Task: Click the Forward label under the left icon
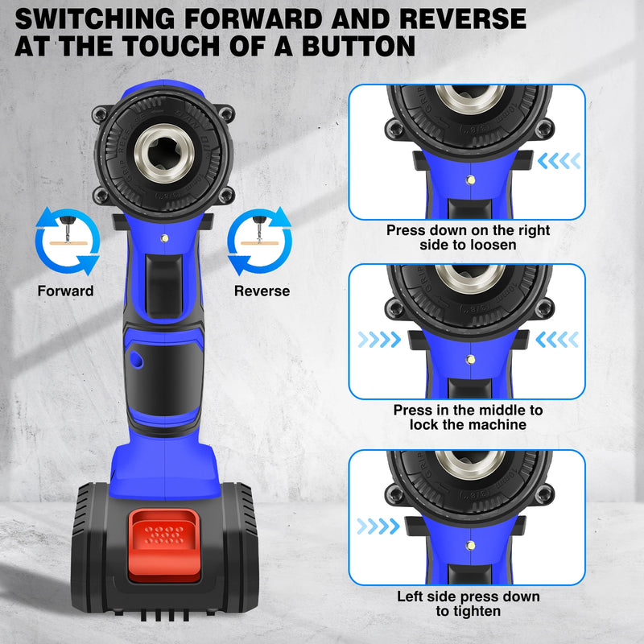tap(65, 291)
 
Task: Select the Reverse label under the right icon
tap(262, 291)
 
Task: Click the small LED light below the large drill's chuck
tap(163, 237)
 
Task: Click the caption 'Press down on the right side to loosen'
tap(468, 237)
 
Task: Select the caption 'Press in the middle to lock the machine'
tap(468, 417)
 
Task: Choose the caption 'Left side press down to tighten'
tap(468, 604)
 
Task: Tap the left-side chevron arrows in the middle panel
tap(378, 341)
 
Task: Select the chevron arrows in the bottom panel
tap(378, 526)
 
